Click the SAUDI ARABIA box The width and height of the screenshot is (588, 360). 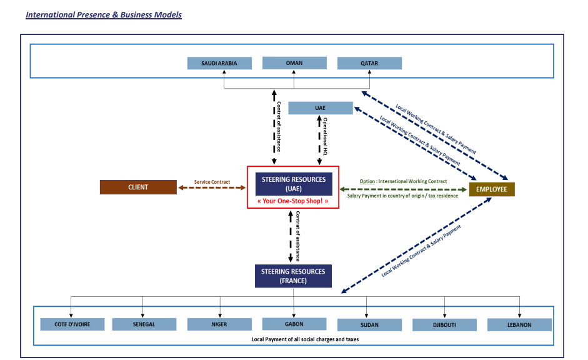coord(220,63)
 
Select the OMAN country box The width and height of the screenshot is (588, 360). coord(294,62)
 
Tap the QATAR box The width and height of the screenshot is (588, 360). coord(369,63)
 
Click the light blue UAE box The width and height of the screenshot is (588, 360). coord(321,108)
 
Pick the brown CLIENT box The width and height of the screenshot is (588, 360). coord(137,187)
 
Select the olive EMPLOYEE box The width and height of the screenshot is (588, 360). coord(492,189)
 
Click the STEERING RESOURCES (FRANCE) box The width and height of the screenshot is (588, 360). coord(293,276)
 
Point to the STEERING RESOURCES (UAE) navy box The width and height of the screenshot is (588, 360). coord(293,184)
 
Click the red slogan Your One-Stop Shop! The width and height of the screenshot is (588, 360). coord(293,201)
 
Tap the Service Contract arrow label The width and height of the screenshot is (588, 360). coord(212,182)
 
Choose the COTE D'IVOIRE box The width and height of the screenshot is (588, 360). coord(72,324)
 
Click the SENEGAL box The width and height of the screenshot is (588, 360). coord(144,324)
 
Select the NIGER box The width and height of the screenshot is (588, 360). coord(219,324)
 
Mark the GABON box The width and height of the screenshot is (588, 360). coord(294,324)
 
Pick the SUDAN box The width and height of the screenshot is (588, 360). coord(369,325)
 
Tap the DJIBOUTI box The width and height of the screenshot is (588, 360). coord(444,325)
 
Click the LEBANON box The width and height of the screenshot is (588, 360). coord(519,324)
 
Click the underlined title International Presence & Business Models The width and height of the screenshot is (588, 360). coord(104,14)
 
